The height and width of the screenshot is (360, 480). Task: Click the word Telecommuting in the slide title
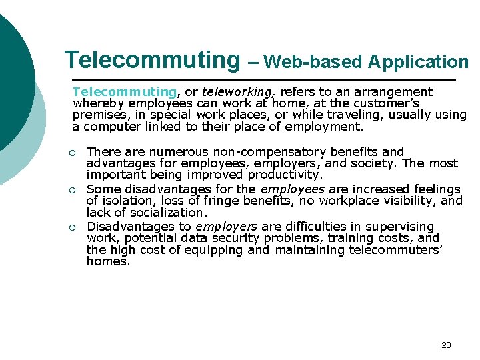coord(151,60)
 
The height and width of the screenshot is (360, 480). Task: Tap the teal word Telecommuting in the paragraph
coord(125,91)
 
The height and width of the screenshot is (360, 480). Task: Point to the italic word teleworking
coord(239,91)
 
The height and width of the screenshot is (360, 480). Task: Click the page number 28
coord(446,345)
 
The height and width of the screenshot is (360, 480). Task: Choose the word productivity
coord(285,175)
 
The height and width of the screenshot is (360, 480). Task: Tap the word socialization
coord(173,213)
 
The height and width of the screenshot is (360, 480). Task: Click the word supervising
coord(403,227)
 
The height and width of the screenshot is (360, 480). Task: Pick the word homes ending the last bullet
coord(107,261)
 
